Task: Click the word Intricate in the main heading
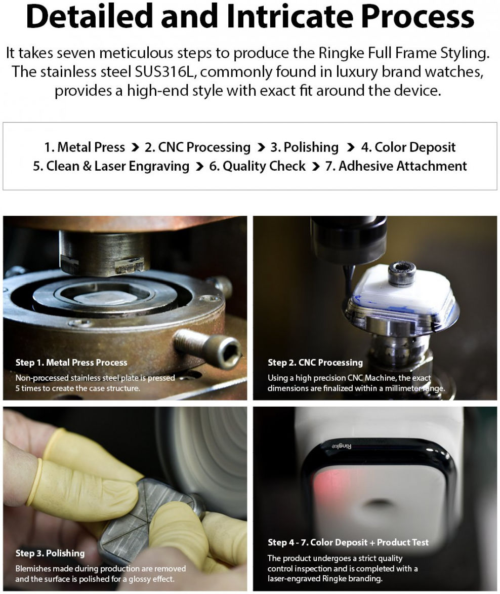click(x=289, y=17)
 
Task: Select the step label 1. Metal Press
click(x=85, y=147)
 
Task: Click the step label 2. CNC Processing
click(x=197, y=147)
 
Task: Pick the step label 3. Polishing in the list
click(x=304, y=147)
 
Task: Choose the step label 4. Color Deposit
click(x=408, y=147)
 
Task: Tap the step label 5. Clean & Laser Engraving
click(x=111, y=166)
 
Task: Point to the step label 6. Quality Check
click(x=258, y=166)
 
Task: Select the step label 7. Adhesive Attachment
click(x=396, y=166)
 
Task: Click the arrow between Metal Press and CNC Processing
click(x=135, y=147)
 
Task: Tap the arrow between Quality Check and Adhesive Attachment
click(x=316, y=166)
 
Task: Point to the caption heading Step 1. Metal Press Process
click(x=71, y=363)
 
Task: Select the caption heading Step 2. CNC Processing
click(x=315, y=363)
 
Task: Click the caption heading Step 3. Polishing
click(x=50, y=553)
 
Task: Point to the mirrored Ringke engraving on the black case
click(x=342, y=446)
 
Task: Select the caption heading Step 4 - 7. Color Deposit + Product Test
click(x=348, y=542)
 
